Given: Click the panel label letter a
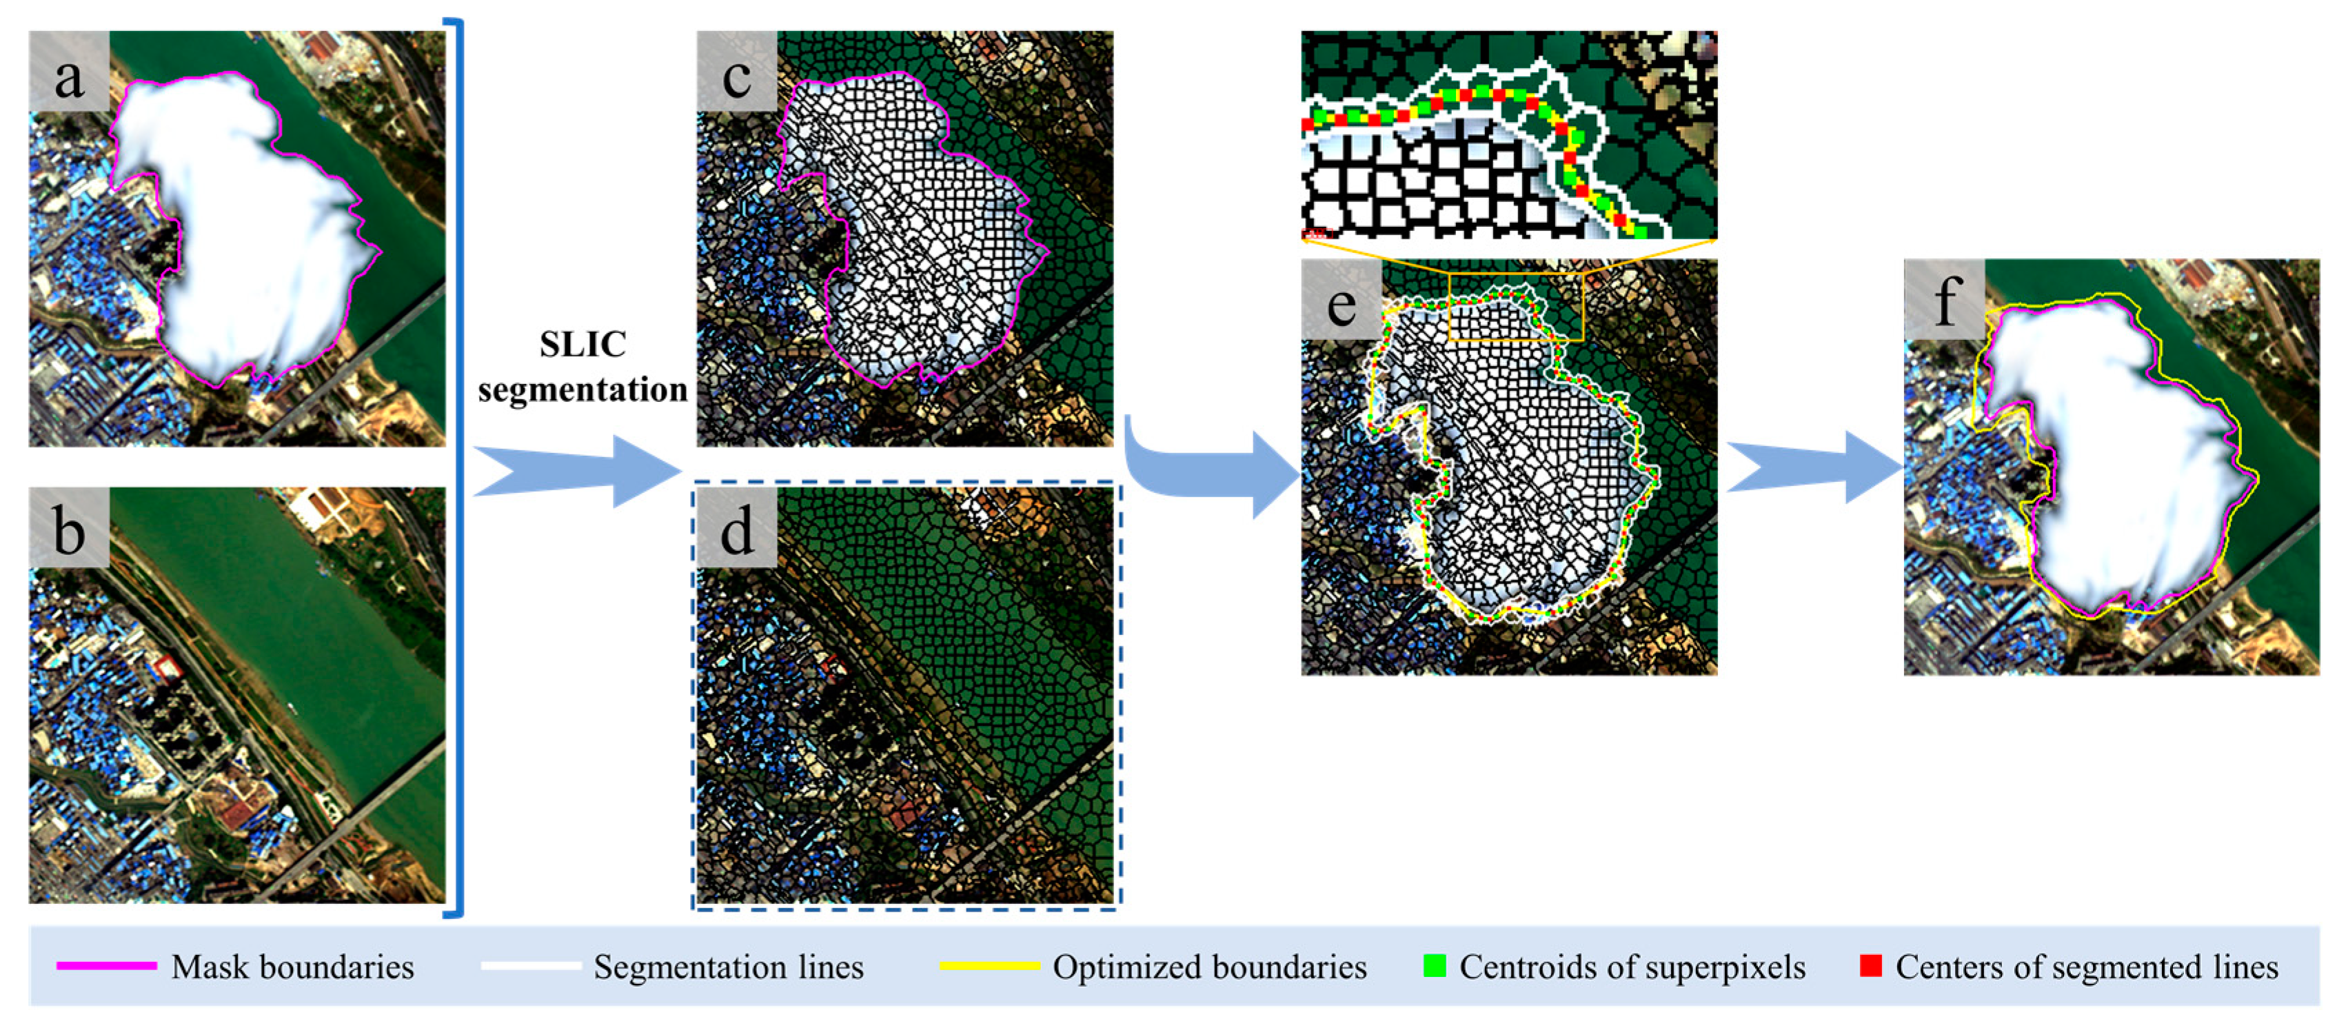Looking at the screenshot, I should click(x=69, y=77).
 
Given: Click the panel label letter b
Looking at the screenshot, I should click(x=69, y=530).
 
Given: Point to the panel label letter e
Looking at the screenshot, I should click(x=1341, y=304).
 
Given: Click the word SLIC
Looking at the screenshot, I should click(x=583, y=345).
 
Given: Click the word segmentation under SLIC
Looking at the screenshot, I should click(x=583, y=390).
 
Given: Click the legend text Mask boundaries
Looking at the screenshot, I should click(x=292, y=967).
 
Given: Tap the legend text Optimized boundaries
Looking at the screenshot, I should click(x=1209, y=967).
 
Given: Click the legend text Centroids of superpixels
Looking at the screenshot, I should click(x=1632, y=967).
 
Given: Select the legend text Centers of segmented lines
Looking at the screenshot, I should click(x=2087, y=967).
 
